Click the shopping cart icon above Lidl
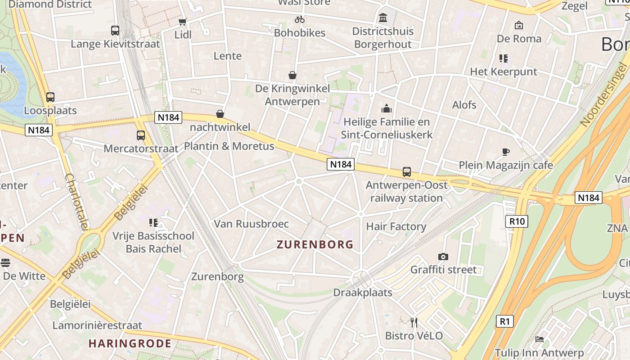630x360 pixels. click(182, 22)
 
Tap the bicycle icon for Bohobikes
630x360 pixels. click(300, 19)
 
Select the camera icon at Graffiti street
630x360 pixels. click(443, 256)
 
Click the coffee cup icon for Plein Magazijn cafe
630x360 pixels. click(506, 152)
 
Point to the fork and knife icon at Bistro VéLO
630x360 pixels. click(414, 322)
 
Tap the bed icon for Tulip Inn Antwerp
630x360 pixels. click(540, 339)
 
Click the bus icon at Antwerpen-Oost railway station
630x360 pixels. click(407, 172)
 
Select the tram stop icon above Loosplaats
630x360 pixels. click(50, 97)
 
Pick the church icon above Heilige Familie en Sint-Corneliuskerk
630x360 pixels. click(387, 108)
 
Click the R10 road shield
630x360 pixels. click(517, 221)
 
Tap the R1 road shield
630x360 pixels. click(505, 321)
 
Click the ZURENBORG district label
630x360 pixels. click(315, 245)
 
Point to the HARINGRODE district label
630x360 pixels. click(130, 344)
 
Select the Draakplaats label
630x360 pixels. click(363, 292)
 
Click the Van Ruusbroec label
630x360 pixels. click(251, 224)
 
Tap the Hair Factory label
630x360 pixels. click(396, 226)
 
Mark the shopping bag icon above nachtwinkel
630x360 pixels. click(220, 114)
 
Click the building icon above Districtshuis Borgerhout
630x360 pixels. click(383, 18)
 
